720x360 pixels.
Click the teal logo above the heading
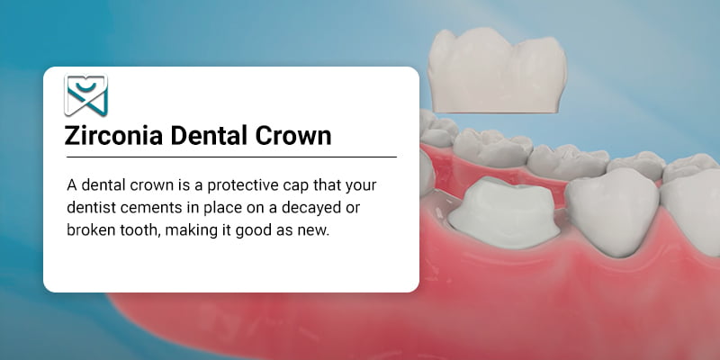point(85,95)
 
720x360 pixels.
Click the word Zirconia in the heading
point(113,136)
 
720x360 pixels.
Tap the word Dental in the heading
point(209,136)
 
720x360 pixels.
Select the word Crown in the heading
point(293,136)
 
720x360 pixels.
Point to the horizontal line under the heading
point(231,157)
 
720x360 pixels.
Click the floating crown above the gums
point(497,70)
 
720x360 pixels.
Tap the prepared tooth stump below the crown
point(504,212)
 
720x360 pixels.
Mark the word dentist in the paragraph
point(87,208)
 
